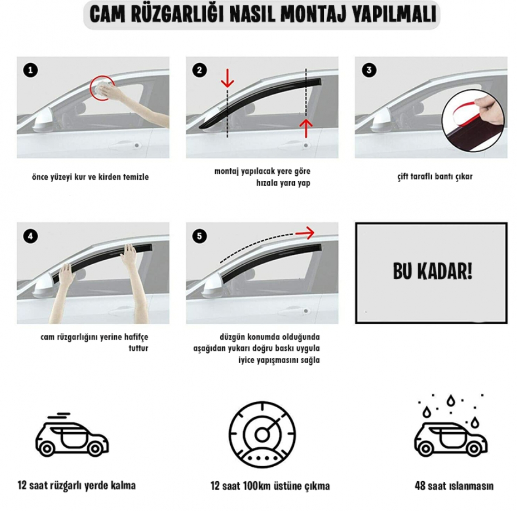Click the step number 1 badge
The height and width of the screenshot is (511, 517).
(x=30, y=70)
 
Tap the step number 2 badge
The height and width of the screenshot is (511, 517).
(x=199, y=70)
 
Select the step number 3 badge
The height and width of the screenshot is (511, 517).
(x=369, y=70)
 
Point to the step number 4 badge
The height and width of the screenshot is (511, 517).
(x=30, y=237)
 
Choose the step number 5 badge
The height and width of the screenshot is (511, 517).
(x=199, y=236)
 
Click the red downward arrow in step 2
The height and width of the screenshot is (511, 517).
(x=227, y=78)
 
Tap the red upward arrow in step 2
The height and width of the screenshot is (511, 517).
(x=306, y=128)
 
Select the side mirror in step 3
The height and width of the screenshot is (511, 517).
(x=381, y=124)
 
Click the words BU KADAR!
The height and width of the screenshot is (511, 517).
(x=432, y=272)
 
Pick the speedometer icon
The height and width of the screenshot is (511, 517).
(x=262, y=435)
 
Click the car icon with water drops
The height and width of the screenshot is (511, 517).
(x=450, y=429)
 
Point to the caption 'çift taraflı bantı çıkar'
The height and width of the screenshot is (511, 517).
(x=435, y=177)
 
